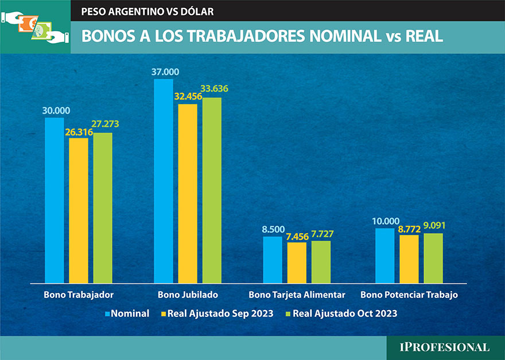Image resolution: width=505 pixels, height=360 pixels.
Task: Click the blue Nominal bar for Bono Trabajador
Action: tap(55, 200)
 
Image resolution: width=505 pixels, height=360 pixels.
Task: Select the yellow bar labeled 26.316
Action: tap(79, 211)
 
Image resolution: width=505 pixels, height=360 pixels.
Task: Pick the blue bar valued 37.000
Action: tap(164, 181)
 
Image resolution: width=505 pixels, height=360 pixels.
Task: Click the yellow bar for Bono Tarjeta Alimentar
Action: tap(297, 263)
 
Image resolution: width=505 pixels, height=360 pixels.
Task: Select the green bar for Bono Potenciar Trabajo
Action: tap(433, 258)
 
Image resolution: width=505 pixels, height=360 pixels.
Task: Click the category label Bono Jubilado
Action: tap(187, 295)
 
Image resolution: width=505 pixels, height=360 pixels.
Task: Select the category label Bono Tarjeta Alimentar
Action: tap(297, 295)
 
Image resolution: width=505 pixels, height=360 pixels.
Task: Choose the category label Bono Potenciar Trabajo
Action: tap(409, 295)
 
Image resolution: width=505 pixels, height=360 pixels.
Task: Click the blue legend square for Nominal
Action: tap(107, 314)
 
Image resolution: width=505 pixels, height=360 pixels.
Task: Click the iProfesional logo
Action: tap(445, 347)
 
